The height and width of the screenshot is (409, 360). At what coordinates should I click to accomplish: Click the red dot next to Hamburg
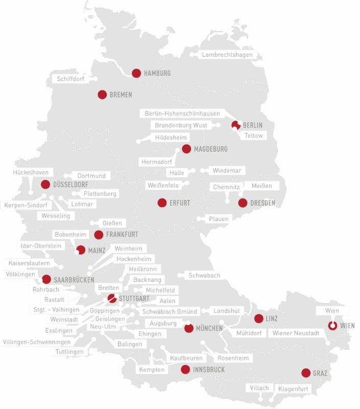[136, 73]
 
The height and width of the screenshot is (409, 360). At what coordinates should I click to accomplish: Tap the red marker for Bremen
[102, 95]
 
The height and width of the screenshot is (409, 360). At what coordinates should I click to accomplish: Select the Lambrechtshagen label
[227, 55]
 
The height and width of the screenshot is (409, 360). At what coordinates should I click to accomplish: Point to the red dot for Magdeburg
[186, 149]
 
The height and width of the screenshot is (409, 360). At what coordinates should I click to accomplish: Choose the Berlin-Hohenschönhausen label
[182, 113]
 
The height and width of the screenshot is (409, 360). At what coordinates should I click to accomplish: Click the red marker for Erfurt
[162, 202]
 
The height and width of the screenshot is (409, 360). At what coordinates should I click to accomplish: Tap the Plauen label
[219, 219]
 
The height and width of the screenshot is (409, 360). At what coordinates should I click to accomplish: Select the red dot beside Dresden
[243, 202]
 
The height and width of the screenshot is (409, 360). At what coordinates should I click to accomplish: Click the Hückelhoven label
[31, 172]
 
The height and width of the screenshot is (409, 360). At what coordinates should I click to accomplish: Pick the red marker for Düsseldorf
[45, 184]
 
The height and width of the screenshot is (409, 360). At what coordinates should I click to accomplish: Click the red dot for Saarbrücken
[46, 279]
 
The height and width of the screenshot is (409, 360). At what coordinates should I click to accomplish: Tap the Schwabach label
[204, 276]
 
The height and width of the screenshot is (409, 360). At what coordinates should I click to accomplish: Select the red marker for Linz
[258, 319]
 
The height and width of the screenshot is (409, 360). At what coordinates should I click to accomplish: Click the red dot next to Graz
[306, 373]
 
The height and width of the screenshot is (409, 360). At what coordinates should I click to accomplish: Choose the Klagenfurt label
[292, 389]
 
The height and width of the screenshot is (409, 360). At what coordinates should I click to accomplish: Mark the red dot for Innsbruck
[185, 369]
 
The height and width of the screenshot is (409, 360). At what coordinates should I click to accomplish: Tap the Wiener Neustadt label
[296, 333]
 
